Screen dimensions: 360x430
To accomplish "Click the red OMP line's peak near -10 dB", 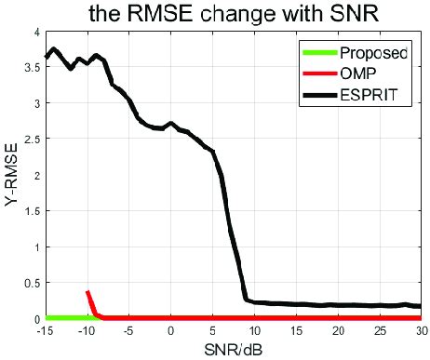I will [87, 293].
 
